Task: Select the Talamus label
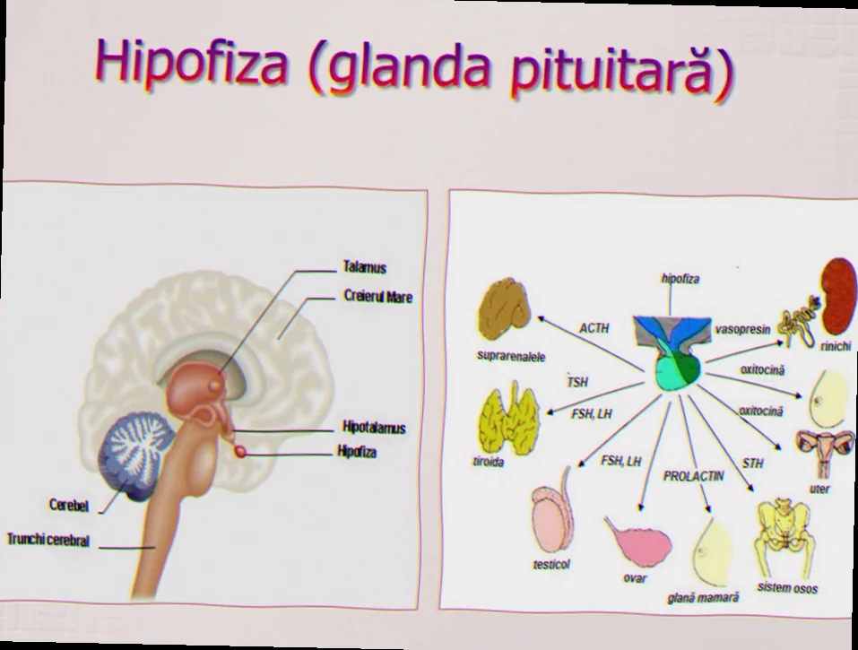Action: (364, 267)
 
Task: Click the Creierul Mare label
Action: (377, 297)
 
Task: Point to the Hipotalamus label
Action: (374, 428)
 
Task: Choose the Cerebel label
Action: (69, 505)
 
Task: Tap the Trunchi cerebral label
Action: (48, 540)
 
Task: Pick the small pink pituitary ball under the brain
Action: (239, 451)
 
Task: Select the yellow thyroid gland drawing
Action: (509, 418)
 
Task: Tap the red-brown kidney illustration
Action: (838, 296)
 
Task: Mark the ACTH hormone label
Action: (594, 328)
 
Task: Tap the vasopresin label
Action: (742, 329)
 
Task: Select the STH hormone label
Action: (752, 464)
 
